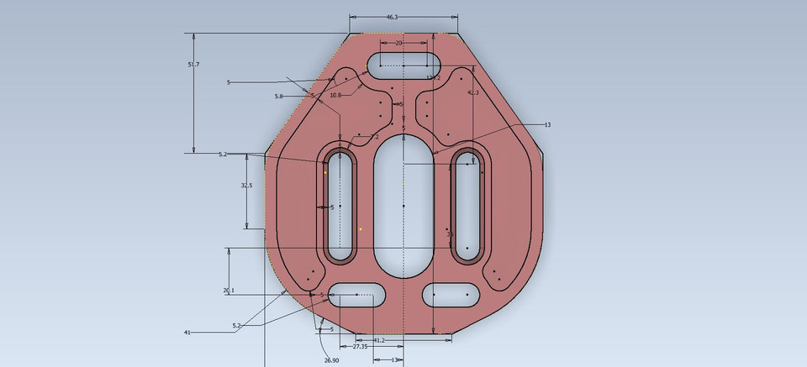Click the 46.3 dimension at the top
pos(393,17)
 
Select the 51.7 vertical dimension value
pos(193,65)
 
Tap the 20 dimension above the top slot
pos(398,43)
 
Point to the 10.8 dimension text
pos(335,96)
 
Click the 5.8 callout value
pos(278,97)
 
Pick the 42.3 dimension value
pos(473,93)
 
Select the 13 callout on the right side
pos(547,125)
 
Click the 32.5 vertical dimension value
pos(246,185)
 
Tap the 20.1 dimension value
pos(229,290)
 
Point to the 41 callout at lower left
pos(187,333)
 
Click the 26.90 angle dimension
pos(331,360)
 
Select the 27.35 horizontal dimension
pos(360,346)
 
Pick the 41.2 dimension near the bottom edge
pos(379,340)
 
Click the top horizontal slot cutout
pos(403,64)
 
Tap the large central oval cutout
pos(403,206)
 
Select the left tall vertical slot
pos(340,206)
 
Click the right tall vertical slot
pos(467,206)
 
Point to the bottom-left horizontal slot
pos(357,294)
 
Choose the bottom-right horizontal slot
pos(451,294)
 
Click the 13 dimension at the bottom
pos(395,360)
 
